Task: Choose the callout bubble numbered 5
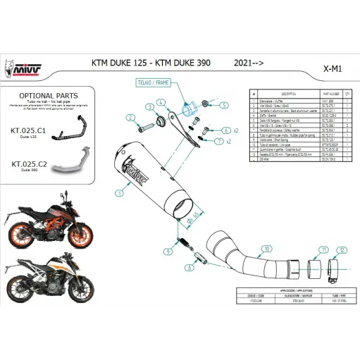[223, 104]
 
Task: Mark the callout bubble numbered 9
[167, 252]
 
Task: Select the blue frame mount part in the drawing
[189, 109]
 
